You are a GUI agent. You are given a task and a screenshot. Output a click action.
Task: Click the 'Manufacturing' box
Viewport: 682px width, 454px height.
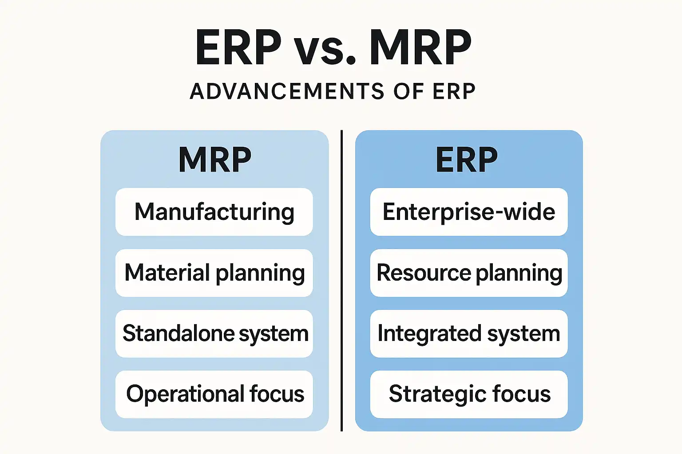pyautogui.click(x=214, y=212)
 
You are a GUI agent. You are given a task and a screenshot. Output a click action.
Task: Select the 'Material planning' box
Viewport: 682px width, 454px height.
pyautogui.click(x=214, y=273)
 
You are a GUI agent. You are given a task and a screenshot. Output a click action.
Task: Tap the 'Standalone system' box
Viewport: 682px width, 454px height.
pyautogui.click(x=214, y=333)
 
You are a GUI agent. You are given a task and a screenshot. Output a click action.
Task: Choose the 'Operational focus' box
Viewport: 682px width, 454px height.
pyautogui.click(x=214, y=394)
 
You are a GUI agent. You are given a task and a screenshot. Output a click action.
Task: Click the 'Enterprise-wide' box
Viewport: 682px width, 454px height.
pyautogui.click(x=469, y=212)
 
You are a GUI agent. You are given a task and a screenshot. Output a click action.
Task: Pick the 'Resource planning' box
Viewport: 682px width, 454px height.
pyautogui.click(x=469, y=273)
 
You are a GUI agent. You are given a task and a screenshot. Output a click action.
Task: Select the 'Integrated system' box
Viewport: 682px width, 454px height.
pyautogui.click(x=469, y=333)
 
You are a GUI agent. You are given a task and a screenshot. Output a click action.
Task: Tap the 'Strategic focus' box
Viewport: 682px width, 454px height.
pyautogui.click(x=469, y=394)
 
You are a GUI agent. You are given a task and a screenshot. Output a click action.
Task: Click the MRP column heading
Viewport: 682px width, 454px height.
pyautogui.click(x=215, y=160)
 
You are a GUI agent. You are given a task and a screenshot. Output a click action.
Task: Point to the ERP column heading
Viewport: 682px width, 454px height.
pyautogui.click(x=467, y=160)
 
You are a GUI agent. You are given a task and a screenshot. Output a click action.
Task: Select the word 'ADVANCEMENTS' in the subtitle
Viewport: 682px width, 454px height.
pyautogui.click(x=287, y=91)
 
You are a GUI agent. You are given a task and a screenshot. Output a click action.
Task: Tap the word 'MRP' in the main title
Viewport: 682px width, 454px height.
pyautogui.click(x=420, y=47)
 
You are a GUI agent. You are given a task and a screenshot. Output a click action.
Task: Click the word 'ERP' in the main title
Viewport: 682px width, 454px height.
pyautogui.click(x=238, y=47)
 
